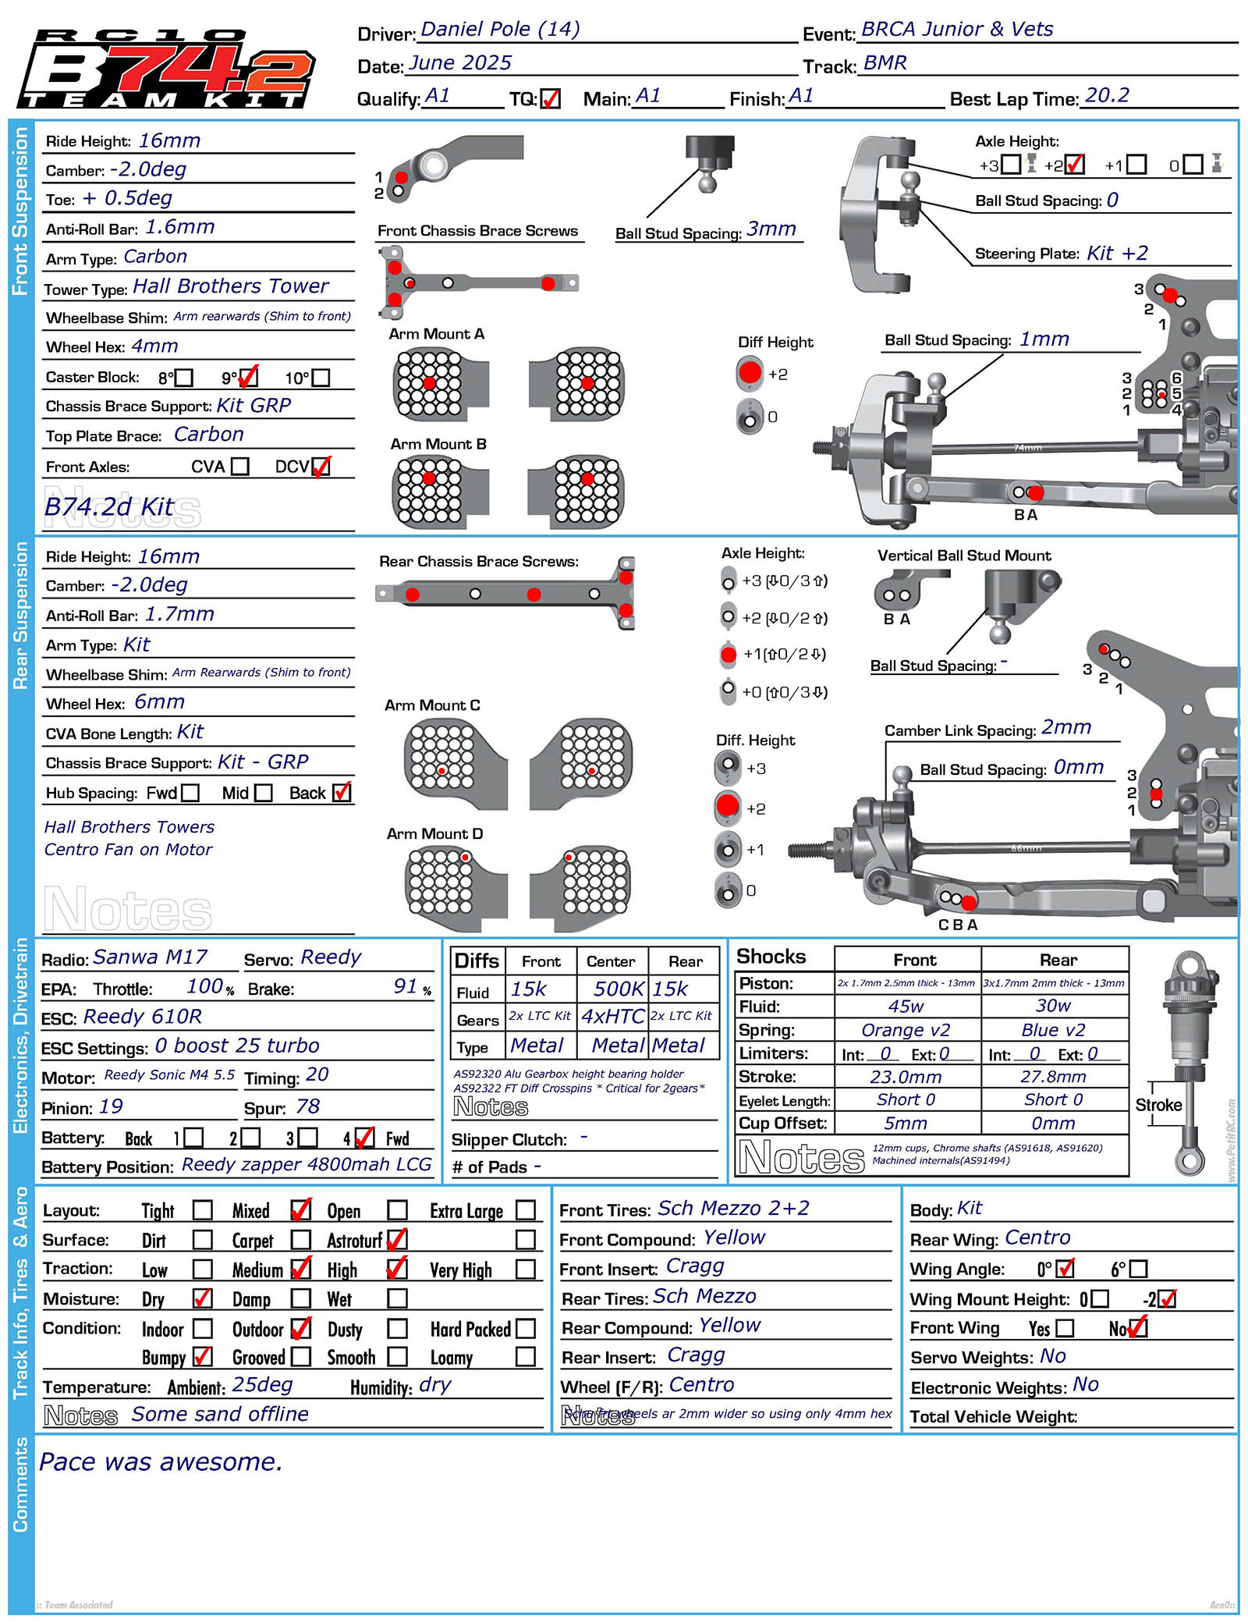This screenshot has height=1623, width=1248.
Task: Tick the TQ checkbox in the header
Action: tap(550, 99)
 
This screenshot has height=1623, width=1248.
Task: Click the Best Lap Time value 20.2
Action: tap(1107, 96)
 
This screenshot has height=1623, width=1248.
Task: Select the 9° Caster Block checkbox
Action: tap(248, 378)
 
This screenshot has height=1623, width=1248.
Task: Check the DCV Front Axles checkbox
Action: tap(321, 467)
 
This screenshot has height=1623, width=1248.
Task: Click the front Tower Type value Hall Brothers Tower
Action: tap(231, 286)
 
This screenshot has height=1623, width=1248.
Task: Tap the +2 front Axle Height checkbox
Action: tap(1074, 165)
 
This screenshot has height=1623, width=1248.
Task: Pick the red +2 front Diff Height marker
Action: tap(750, 373)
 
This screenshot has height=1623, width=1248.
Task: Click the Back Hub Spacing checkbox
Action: tap(342, 793)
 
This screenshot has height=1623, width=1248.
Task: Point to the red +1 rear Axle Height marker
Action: tap(729, 655)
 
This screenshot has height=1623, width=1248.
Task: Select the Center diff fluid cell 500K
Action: tap(618, 989)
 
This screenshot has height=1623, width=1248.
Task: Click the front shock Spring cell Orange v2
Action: tap(906, 1030)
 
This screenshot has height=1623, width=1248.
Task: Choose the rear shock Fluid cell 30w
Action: tap(1053, 1006)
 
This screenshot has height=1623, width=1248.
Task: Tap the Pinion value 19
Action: tap(112, 1107)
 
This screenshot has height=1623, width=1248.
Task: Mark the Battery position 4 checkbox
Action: tap(364, 1138)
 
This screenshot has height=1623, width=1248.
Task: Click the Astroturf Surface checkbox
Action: tap(397, 1239)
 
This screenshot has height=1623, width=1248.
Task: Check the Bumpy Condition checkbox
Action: tap(202, 1357)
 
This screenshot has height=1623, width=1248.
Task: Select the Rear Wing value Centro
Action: tap(1037, 1238)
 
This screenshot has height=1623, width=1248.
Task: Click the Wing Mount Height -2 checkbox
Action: tap(1167, 1299)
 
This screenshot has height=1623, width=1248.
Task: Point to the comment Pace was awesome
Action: tap(161, 1462)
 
